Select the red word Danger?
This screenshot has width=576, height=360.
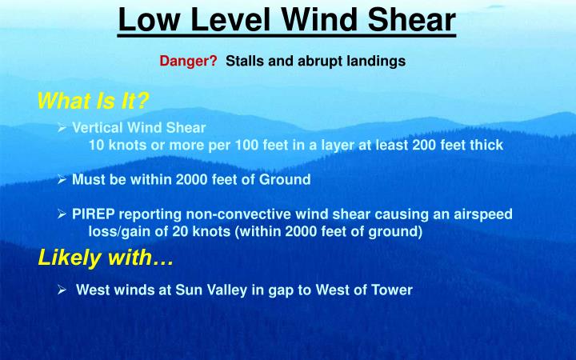pos(188,61)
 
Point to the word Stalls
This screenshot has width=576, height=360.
pos(243,61)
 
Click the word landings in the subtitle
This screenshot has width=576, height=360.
pos(377,61)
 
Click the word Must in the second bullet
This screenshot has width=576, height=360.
pos(88,180)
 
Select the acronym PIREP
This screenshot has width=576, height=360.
pos(93,214)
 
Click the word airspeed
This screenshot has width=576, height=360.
pos(484,214)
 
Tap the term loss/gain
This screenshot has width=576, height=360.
pos(119,232)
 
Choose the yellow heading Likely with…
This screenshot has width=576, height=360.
pos(106,258)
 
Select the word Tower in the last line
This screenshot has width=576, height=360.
pos(394,290)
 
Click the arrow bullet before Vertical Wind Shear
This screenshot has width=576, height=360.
pos(62,127)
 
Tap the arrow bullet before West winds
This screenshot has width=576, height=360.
pos(62,290)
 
